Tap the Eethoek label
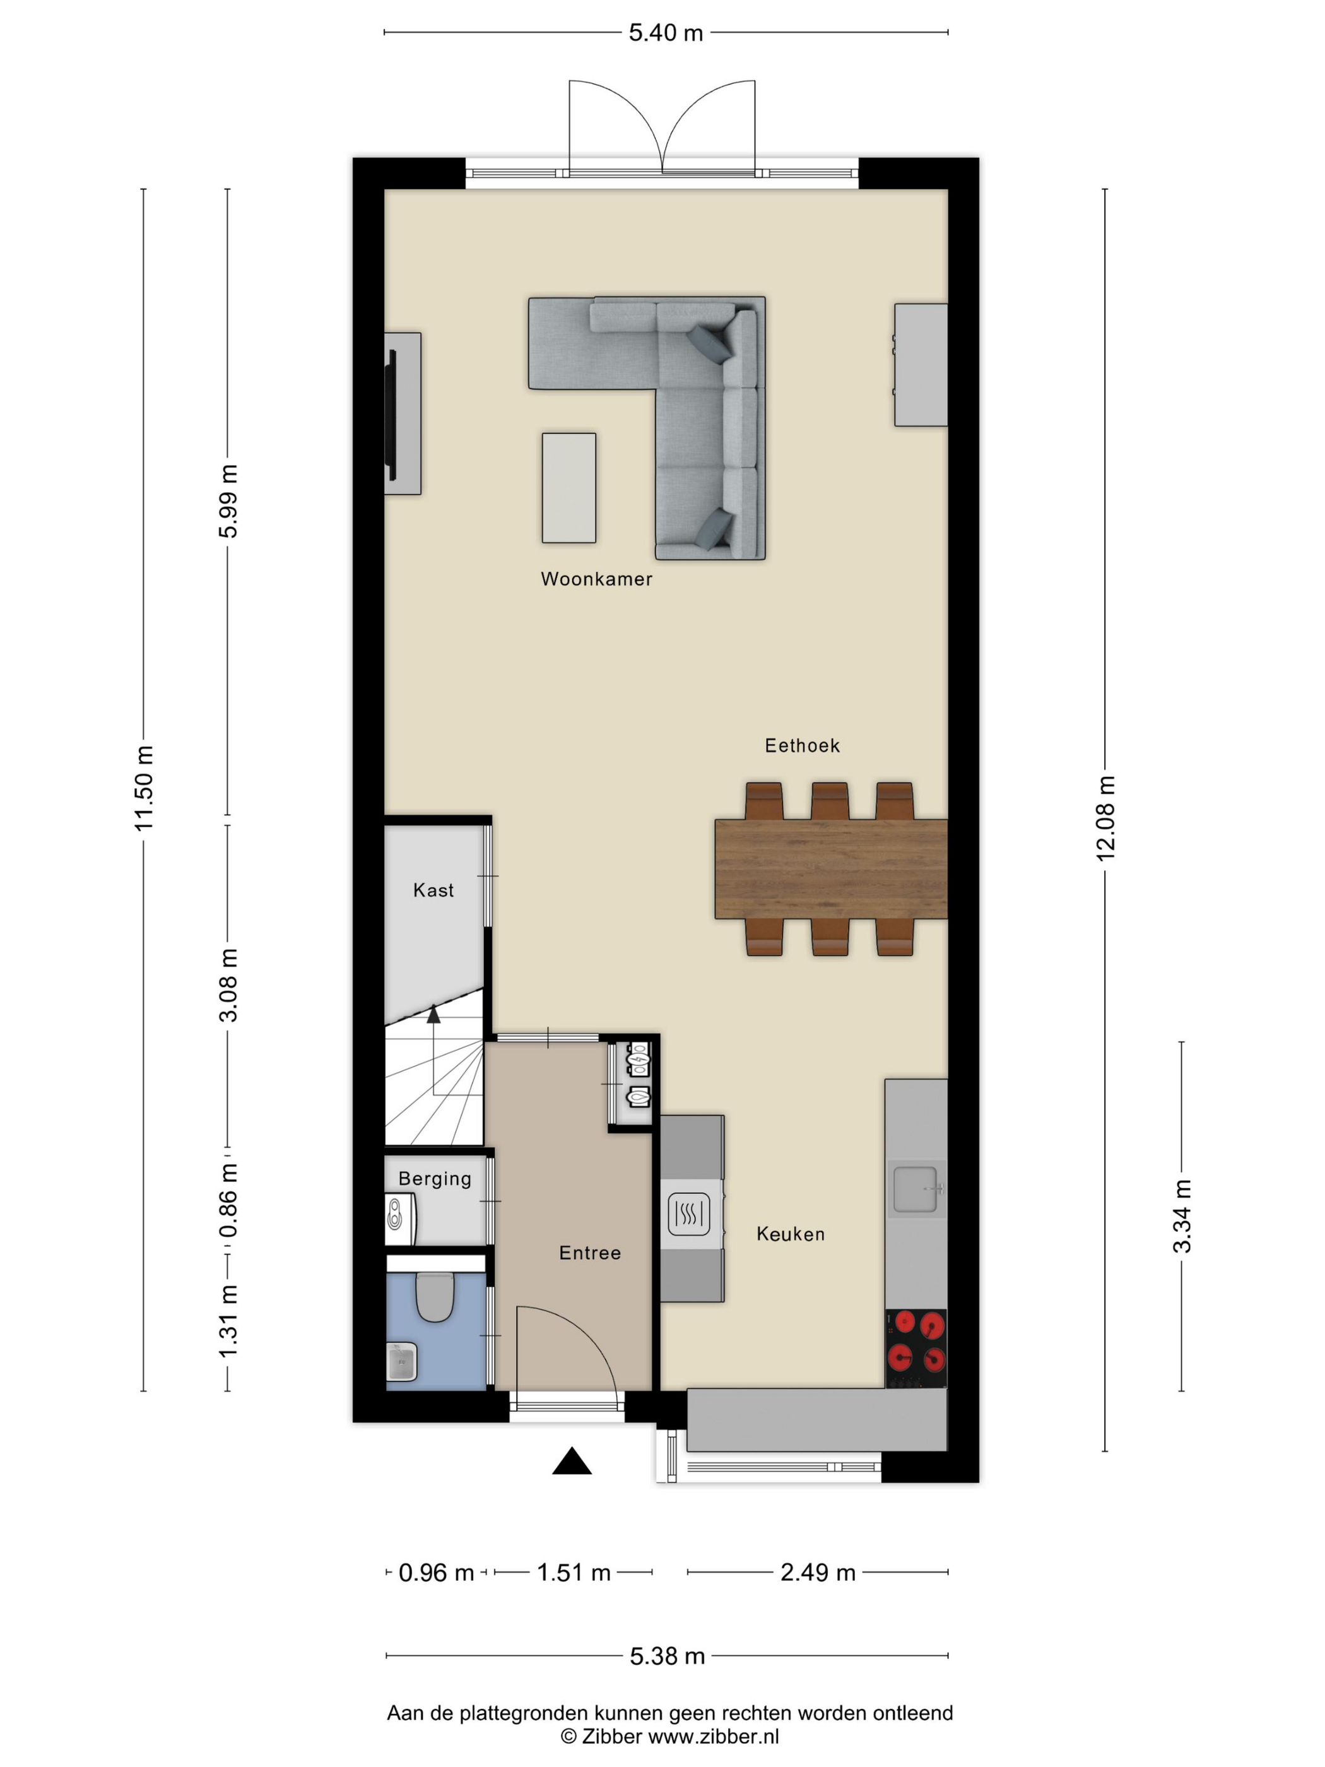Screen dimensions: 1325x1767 [x=802, y=745]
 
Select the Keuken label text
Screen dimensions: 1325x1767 [x=790, y=1234]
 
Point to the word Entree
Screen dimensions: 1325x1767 [x=589, y=1253]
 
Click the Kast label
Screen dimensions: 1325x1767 [x=433, y=890]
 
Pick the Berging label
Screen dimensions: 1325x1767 [x=435, y=1179]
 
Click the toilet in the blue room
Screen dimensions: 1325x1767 [x=435, y=1296]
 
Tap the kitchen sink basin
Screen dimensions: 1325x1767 [x=914, y=1189]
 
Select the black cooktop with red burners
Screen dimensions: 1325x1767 [x=916, y=1349]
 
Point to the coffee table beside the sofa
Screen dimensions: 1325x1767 [x=568, y=488]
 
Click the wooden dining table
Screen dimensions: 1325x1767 [x=830, y=869]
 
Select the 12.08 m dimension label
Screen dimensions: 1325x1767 [x=1105, y=818]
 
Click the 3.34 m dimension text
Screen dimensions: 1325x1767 [x=1182, y=1216]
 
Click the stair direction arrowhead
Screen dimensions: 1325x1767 [x=433, y=1015]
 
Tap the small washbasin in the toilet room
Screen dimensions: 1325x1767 [x=402, y=1361]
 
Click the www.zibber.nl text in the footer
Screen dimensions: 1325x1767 [x=713, y=1737]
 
